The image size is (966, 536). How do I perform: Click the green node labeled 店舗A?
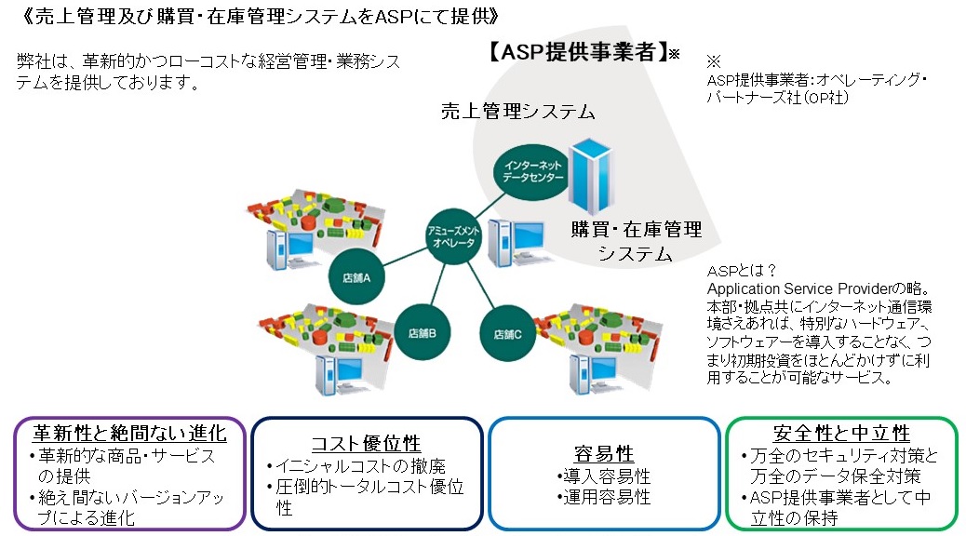coord(356,276)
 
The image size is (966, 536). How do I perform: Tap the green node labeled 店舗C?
coord(508,333)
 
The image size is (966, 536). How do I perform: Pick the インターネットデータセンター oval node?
coord(532,168)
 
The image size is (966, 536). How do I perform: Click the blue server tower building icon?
coord(592,176)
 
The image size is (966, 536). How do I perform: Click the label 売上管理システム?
coord(517,112)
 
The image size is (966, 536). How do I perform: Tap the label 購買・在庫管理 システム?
coord(637,240)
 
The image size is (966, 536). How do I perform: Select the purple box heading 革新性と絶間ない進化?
coord(129,433)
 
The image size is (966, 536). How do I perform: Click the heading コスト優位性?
coord(366,443)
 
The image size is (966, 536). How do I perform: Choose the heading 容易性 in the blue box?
coord(604,454)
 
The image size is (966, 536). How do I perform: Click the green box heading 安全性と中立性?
coord(841,434)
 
